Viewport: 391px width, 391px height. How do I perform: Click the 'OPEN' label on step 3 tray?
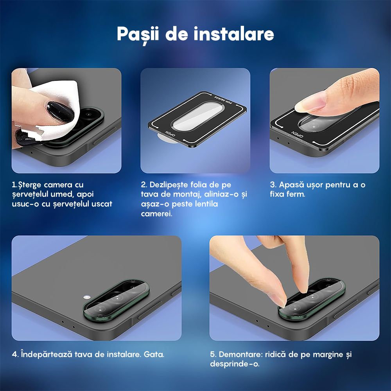[297, 135]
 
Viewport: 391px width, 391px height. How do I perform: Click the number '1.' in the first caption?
[14, 185]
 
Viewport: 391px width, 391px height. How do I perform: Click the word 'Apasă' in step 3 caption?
[292, 185]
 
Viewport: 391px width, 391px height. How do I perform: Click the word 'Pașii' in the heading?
[138, 34]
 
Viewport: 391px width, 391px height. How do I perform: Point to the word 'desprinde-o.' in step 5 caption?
[235, 364]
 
